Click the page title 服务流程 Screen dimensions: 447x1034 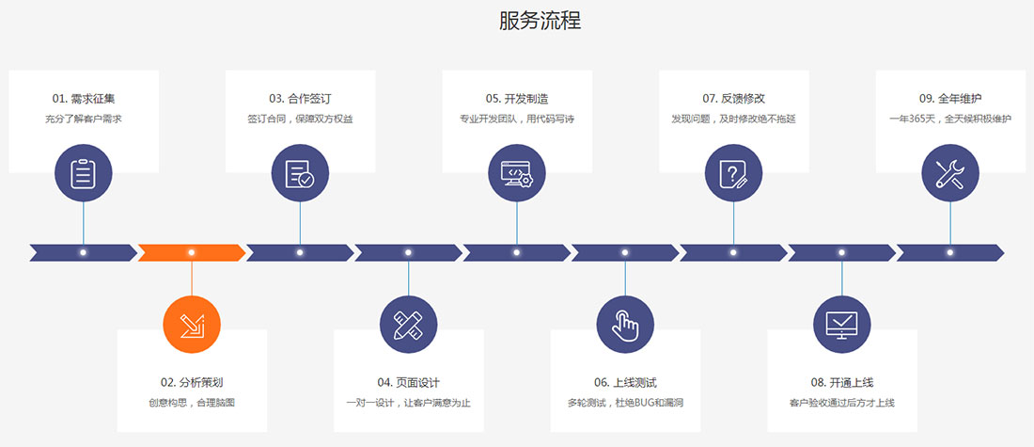coord(540,22)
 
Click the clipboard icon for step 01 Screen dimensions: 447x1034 coord(84,173)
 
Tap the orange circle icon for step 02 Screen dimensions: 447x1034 coord(192,325)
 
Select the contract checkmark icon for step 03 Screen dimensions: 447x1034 coord(300,173)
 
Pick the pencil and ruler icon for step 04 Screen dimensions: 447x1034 coord(408,325)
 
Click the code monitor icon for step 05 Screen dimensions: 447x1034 coord(517,173)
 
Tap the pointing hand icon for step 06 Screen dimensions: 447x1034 coord(625,325)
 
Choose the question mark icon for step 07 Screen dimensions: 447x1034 coord(733,173)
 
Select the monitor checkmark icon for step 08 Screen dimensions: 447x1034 coord(841,325)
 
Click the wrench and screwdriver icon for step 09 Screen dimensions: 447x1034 coord(950,173)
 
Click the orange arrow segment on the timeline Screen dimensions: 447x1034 coord(192,252)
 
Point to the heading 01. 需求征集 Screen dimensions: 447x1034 coord(84,98)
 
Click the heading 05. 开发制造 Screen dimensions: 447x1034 coord(517,98)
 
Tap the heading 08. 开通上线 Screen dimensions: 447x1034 coord(842,382)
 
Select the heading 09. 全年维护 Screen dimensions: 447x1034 coord(950,98)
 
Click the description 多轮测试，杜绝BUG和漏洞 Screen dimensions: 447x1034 coord(625,403)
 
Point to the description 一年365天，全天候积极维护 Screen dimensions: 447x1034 coord(950,119)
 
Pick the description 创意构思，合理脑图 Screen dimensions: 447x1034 coord(192,403)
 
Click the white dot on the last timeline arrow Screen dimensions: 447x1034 coord(950,252)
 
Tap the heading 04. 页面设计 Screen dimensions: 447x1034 coord(409,382)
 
